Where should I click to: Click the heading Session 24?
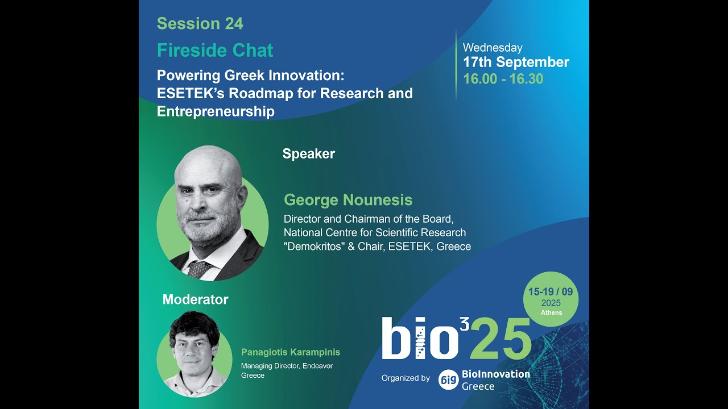click(x=200, y=24)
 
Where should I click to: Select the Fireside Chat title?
click(x=215, y=51)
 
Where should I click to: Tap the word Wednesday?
click(x=493, y=48)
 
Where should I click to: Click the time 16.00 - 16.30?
click(x=503, y=79)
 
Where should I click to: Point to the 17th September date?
click(x=516, y=62)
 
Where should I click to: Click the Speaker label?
click(x=308, y=154)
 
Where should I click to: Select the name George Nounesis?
click(x=348, y=200)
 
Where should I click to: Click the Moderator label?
click(x=195, y=299)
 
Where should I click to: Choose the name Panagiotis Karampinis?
click(x=290, y=352)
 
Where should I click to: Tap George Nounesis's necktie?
click(x=198, y=269)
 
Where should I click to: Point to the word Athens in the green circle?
click(x=551, y=312)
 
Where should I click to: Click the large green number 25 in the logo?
click(x=500, y=339)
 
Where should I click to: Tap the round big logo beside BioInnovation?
click(x=448, y=379)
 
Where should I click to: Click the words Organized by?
click(x=406, y=378)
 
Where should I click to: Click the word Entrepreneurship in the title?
click(x=216, y=111)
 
